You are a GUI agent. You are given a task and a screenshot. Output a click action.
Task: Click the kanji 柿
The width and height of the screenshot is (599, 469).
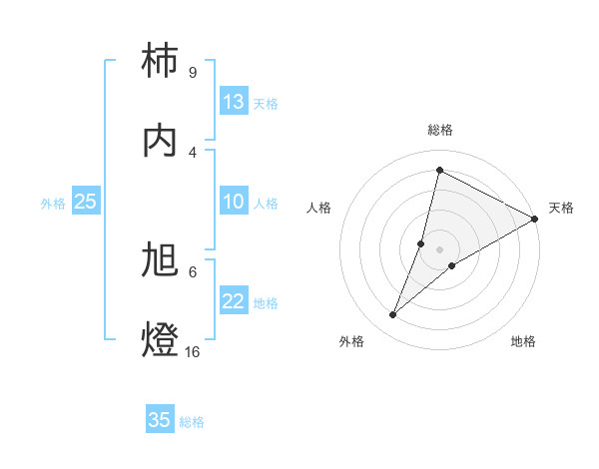pyautogui.click(x=161, y=61)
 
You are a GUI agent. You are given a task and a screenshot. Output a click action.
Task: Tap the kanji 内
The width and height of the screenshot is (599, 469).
pyautogui.click(x=161, y=140)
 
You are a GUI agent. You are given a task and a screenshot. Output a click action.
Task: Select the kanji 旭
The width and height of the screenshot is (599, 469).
pyautogui.click(x=161, y=259)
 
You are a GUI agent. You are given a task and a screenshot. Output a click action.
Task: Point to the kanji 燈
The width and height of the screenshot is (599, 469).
pyautogui.click(x=161, y=339)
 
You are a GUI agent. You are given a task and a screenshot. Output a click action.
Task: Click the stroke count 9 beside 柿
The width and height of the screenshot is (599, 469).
pyautogui.click(x=192, y=72)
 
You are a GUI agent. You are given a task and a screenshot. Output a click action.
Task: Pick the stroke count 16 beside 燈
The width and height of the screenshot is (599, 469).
pyautogui.click(x=193, y=351)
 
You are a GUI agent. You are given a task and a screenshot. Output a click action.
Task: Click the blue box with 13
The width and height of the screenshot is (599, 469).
pyautogui.click(x=234, y=102)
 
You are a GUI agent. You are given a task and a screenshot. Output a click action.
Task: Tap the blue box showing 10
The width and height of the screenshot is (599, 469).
pyautogui.click(x=234, y=202)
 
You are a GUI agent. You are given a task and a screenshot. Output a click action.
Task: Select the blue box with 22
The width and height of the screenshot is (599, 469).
pyautogui.click(x=234, y=301)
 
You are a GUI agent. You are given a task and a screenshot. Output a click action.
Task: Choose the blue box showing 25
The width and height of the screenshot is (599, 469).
pyautogui.click(x=86, y=202)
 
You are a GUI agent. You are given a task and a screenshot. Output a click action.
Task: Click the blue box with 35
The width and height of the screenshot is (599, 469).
pyautogui.click(x=160, y=420)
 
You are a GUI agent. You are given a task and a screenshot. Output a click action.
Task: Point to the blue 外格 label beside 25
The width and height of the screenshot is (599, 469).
pyautogui.click(x=53, y=204)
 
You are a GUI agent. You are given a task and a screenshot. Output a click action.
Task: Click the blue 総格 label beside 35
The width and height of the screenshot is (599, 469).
pyautogui.click(x=192, y=422)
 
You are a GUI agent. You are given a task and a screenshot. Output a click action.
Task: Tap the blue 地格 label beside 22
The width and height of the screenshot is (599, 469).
pyautogui.click(x=266, y=303)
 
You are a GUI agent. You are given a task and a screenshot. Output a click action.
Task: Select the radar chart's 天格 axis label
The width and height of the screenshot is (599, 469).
pyautogui.click(x=561, y=208)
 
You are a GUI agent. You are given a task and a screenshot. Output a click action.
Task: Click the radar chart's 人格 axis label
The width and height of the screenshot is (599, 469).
pyautogui.click(x=318, y=208)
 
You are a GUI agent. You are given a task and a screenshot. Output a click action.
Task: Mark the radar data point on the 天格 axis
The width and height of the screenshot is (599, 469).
pyautogui.click(x=535, y=219)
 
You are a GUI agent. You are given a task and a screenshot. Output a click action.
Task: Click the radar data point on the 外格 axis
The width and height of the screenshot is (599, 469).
pyautogui.click(x=393, y=315)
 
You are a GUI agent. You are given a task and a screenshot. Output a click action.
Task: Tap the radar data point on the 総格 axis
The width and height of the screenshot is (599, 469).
pyautogui.click(x=439, y=170)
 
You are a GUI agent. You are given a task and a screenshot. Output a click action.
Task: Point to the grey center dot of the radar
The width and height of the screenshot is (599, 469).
pyautogui.click(x=440, y=249)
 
